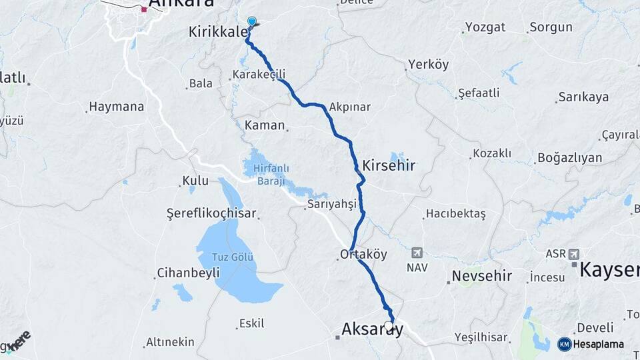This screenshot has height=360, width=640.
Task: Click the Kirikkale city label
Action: click(218, 32)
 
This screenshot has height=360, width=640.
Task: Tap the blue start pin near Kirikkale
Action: click(252, 21)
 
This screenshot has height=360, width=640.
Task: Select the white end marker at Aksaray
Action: click(389, 326)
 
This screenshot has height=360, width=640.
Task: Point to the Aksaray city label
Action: click(372, 329)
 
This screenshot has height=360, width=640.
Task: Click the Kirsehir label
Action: click(389, 165)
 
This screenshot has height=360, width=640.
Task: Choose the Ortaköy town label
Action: click(363, 254)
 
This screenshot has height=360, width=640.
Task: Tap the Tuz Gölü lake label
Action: click(233, 258)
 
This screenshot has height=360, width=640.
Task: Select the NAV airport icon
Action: click(417, 253)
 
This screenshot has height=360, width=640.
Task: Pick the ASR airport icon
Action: click(574, 254)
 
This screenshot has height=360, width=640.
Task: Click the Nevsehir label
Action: click(481, 276)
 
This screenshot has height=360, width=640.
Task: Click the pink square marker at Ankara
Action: click(144, 9)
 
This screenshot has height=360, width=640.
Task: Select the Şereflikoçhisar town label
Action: click(211, 214)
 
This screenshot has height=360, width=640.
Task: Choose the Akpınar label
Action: click(350, 107)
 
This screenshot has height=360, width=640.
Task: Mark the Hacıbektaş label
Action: click(456, 214)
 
